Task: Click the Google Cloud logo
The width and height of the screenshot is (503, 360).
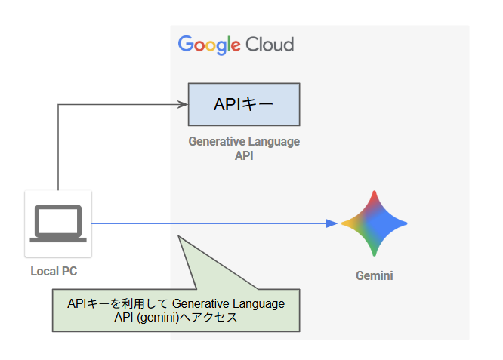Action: pyautogui.click(x=236, y=44)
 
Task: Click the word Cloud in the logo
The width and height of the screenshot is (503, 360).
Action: pyautogui.click(x=269, y=44)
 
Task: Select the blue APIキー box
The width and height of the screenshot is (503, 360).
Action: pyautogui.click(x=244, y=104)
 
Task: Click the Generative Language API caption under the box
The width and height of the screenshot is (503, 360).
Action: pyautogui.click(x=244, y=149)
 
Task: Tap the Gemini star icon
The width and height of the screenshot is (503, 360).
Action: pyautogui.click(x=374, y=223)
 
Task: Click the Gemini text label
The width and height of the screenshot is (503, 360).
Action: pyautogui.click(x=374, y=276)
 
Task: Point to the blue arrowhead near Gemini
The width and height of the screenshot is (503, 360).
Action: pyautogui.click(x=332, y=223)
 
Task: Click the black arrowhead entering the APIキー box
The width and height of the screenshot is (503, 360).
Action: pyautogui.click(x=183, y=104)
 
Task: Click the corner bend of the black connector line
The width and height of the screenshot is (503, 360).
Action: pyautogui.click(x=58, y=104)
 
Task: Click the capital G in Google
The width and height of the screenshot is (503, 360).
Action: pyautogui.click(x=186, y=44)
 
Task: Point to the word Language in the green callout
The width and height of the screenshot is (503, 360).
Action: pyautogui.click(x=257, y=303)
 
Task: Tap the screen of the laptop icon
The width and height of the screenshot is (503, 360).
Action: pyautogui.click(x=58, y=220)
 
